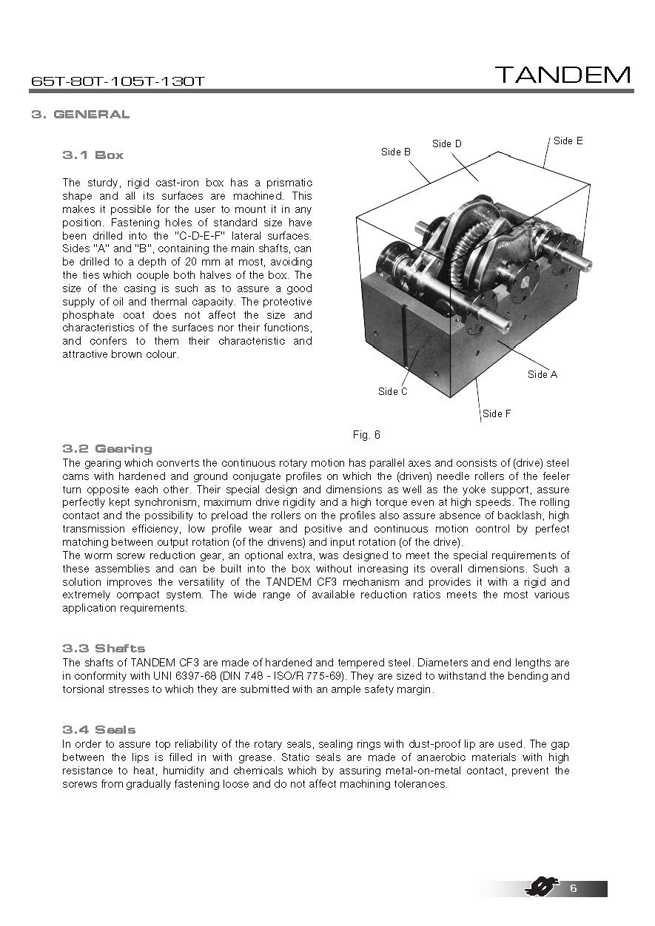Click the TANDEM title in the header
pyautogui.click(x=562, y=75)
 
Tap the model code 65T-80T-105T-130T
pyautogui.click(x=118, y=81)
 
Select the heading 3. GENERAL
pyautogui.click(x=81, y=114)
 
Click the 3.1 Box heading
pyautogui.click(x=93, y=155)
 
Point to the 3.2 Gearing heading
pyautogui.click(x=107, y=448)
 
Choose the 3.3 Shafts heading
pyautogui.click(x=104, y=649)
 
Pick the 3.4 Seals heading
pyautogui.click(x=99, y=729)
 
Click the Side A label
pyautogui.click(x=543, y=374)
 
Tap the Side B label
pyautogui.click(x=396, y=152)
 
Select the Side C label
pyautogui.click(x=393, y=391)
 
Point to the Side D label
pyautogui.click(x=447, y=143)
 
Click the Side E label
pyautogui.click(x=568, y=141)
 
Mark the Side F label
pyautogui.click(x=497, y=413)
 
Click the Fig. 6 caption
pyautogui.click(x=366, y=435)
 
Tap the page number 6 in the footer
pyautogui.click(x=573, y=888)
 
